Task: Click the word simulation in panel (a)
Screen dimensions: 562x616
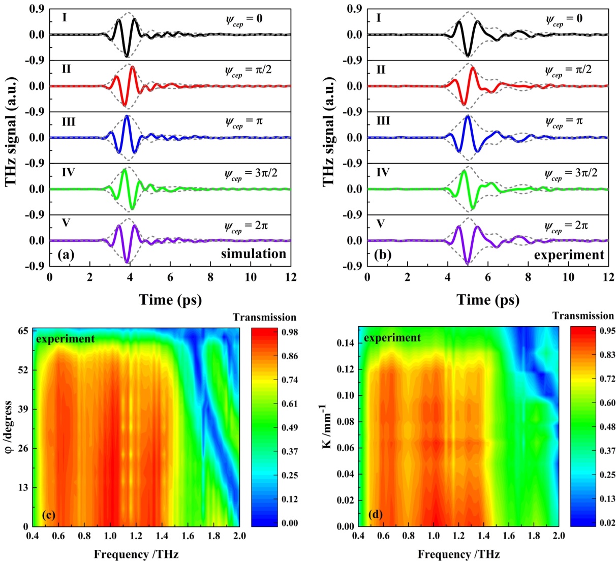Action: [253, 254]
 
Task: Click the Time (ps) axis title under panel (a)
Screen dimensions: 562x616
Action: [170, 300]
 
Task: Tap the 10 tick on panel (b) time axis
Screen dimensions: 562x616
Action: [568, 277]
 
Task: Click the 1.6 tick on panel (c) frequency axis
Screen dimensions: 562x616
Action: [188, 536]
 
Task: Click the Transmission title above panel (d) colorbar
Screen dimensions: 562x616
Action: [583, 316]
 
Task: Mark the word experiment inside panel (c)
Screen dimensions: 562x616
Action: [65, 338]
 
